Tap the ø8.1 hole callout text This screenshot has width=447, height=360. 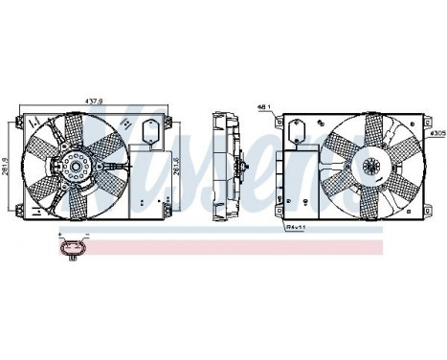point(264,105)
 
